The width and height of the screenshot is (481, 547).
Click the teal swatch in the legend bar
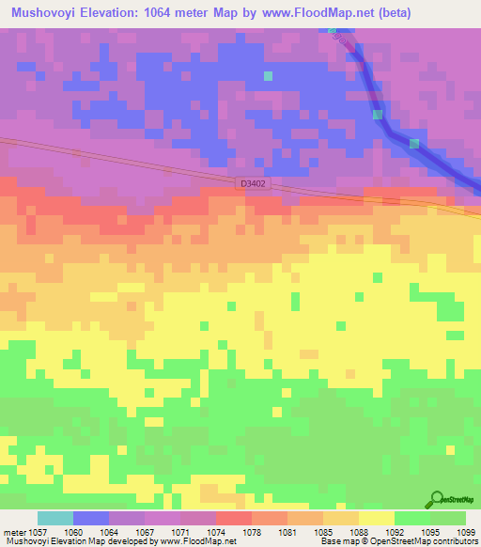point(55,518)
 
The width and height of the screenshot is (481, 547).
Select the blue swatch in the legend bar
point(91,518)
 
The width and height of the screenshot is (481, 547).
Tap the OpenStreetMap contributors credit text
point(422,541)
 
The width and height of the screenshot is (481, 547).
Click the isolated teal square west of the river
point(268,76)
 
